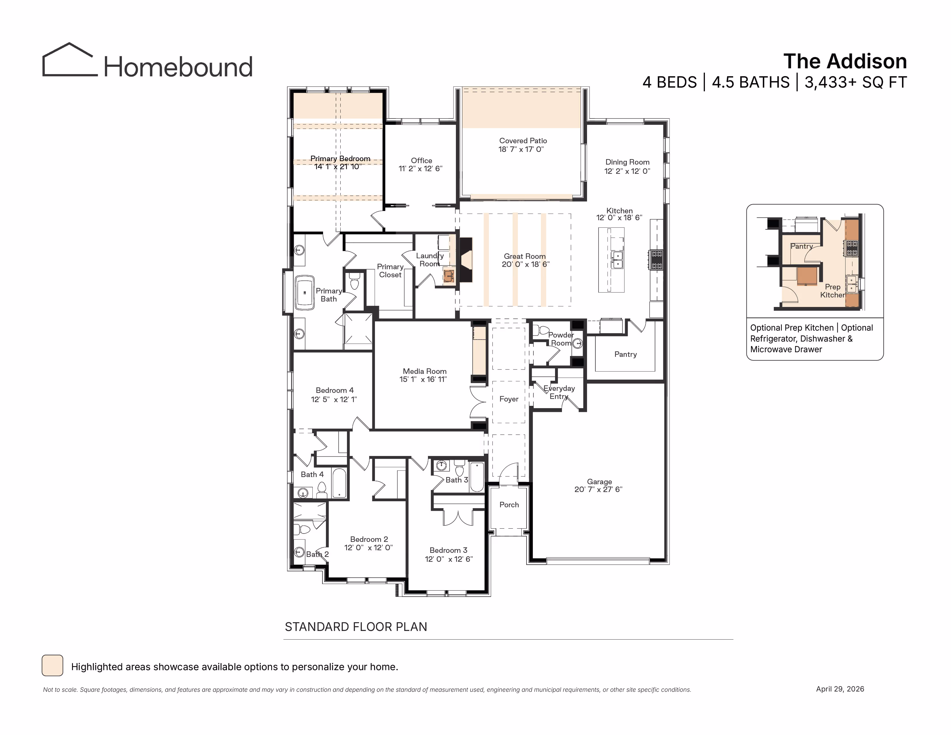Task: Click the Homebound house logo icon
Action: (70, 60)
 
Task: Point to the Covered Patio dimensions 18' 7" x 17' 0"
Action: (521, 149)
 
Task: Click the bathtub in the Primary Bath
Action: (305, 293)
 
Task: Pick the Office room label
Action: (422, 160)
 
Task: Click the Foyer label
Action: (509, 399)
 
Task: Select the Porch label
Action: (509, 505)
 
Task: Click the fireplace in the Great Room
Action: (466, 260)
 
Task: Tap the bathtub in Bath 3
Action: (477, 477)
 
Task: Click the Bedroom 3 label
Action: (448, 550)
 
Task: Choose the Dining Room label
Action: (627, 162)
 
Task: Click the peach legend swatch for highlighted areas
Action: (52, 665)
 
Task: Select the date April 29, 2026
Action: (840, 689)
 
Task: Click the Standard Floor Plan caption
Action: (356, 627)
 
